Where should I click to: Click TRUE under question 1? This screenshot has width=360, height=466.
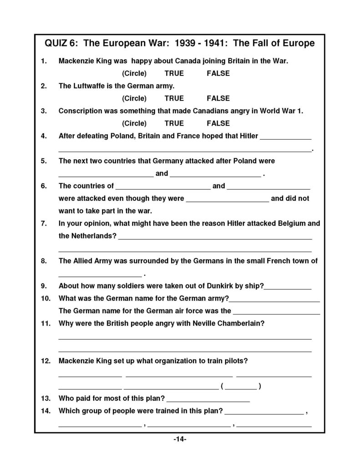tap(174, 73)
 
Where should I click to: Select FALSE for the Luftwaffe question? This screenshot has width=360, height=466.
tap(218, 98)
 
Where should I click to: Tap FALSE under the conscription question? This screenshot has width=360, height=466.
tap(218, 123)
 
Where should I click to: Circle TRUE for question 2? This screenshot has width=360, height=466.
tap(174, 98)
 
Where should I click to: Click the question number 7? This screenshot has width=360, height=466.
tap(44, 223)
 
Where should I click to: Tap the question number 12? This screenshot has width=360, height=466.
tap(45, 361)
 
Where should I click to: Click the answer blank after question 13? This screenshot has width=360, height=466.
tap(208, 400)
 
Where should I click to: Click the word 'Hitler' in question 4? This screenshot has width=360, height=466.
tap(247, 136)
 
